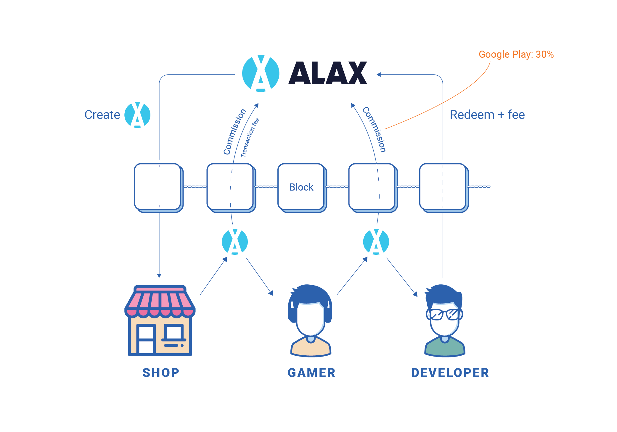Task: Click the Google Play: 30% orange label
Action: point(516,54)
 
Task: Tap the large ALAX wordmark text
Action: point(328,73)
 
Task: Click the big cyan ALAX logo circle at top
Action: point(261,73)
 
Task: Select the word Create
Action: point(102,115)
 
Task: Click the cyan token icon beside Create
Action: point(137,115)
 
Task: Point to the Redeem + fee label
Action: point(487,115)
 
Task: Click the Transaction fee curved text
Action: point(250,138)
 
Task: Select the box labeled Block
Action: point(301,187)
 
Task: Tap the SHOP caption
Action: point(161,373)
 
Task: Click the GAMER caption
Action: point(311,373)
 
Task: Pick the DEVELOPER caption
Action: point(450,373)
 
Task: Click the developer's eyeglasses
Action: point(444,314)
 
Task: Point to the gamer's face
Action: point(310,320)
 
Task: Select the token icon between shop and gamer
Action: point(235,241)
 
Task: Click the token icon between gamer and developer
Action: point(376,241)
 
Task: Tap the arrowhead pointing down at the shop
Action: point(159,275)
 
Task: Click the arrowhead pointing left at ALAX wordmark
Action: point(379,75)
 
